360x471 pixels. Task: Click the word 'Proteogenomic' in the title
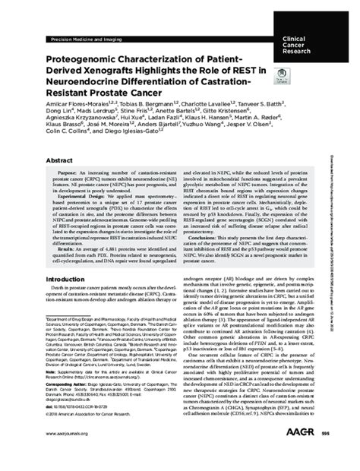click(x=84, y=59)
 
